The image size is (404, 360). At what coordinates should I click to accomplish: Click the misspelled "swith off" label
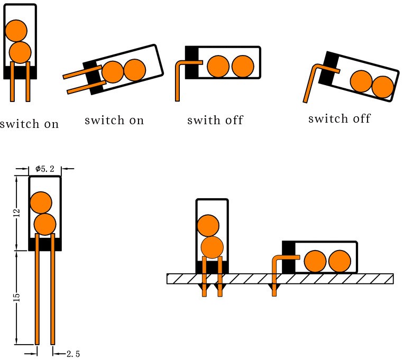coord(215,120)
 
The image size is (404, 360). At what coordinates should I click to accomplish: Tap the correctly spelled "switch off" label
coord(339,118)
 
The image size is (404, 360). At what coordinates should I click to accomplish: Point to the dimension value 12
coord(17,213)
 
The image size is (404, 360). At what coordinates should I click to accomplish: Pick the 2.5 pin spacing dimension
coord(73,354)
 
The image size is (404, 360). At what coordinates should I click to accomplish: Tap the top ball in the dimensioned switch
coord(41,202)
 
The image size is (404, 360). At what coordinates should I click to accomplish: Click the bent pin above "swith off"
coord(177,79)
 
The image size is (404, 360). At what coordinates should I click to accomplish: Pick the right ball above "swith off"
coord(243,66)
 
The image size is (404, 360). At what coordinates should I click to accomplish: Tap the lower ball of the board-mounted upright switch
coord(212,247)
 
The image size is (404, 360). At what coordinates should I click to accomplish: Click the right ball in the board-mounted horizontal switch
coord(339,262)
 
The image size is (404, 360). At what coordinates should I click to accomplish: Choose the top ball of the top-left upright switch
coord(16,31)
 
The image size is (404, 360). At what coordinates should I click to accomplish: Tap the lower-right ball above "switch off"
coord(382,87)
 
